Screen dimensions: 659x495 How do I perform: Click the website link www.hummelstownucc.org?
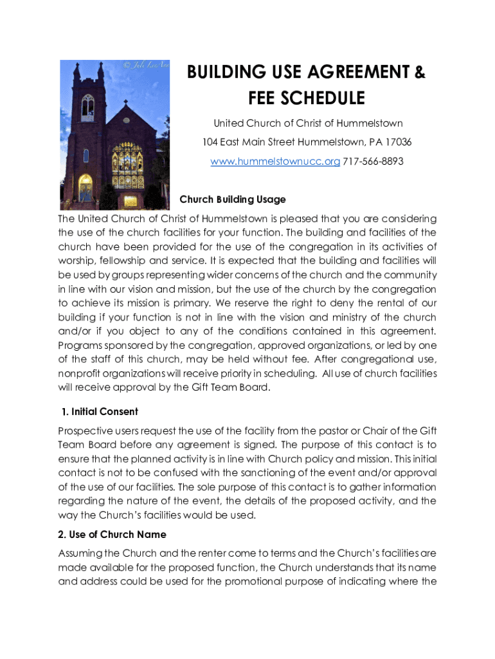pyautogui.click(x=275, y=162)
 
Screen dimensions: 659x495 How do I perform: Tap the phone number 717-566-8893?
pyautogui.click(x=373, y=162)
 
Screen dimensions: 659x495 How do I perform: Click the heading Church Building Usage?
pyautogui.click(x=233, y=200)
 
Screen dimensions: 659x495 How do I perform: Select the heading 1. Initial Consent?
pyautogui.click(x=100, y=411)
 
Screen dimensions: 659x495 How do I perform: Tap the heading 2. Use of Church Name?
pyautogui.click(x=112, y=535)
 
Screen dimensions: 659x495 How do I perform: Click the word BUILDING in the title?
pyautogui.click(x=224, y=73)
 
